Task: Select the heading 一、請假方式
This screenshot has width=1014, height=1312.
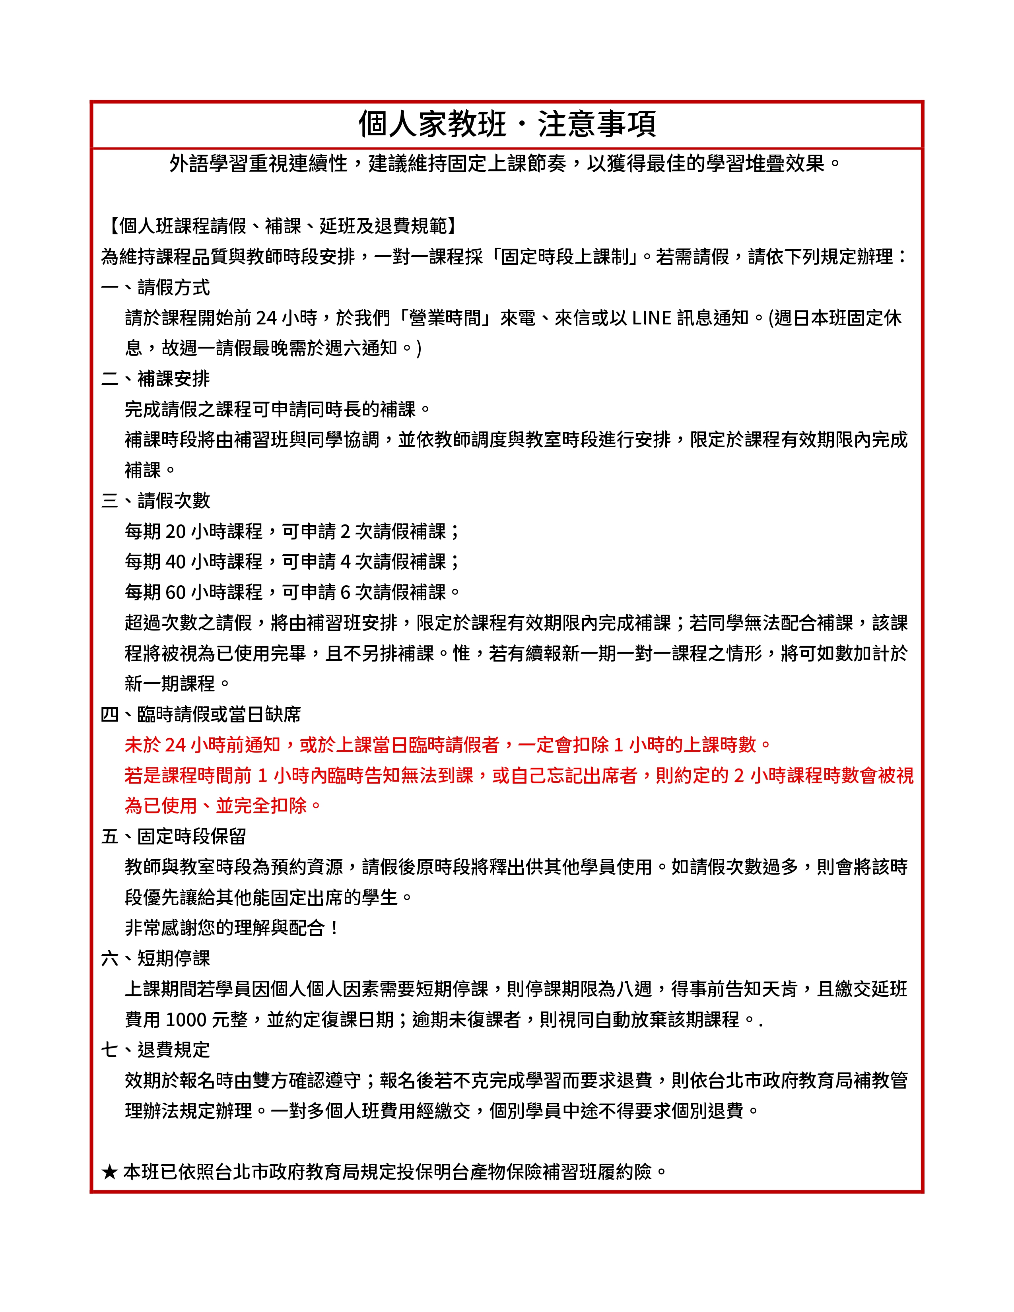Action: click(x=155, y=287)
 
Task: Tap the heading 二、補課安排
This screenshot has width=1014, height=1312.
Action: click(x=155, y=378)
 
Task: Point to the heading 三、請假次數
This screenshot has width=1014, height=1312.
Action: click(x=155, y=501)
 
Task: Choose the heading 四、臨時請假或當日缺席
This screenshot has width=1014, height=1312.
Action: click(x=201, y=714)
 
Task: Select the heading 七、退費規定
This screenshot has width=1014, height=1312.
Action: click(x=155, y=1050)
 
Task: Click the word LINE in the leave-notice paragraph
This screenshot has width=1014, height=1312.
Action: click(x=651, y=318)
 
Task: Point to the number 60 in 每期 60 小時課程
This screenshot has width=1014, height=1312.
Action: click(x=175, y=592)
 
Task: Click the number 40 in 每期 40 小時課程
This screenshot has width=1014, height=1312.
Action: click(x=175, y=562)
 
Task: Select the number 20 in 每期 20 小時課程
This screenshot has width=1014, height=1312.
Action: click(x=175, y=531)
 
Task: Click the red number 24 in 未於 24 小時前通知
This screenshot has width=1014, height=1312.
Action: click(x=175, y=745)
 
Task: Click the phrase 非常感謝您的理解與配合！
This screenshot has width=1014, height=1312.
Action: click(x=232, y=928)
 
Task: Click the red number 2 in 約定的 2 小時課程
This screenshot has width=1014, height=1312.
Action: click(x=738, y=776)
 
